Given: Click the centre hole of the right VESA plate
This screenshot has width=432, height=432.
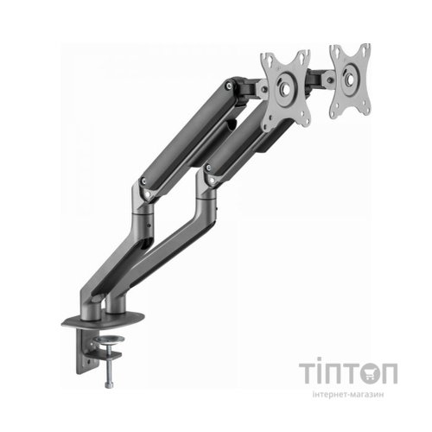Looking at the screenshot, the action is [349, 79].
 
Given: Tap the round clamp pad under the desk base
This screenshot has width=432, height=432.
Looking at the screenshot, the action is [109, 340].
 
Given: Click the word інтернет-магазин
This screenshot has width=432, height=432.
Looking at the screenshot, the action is [348, 394].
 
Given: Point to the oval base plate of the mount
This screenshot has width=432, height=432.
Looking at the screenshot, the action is [103, 321].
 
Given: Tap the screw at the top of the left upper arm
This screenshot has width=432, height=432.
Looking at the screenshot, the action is [229, 85].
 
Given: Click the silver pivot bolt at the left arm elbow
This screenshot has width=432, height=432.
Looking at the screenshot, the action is [147, 194].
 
